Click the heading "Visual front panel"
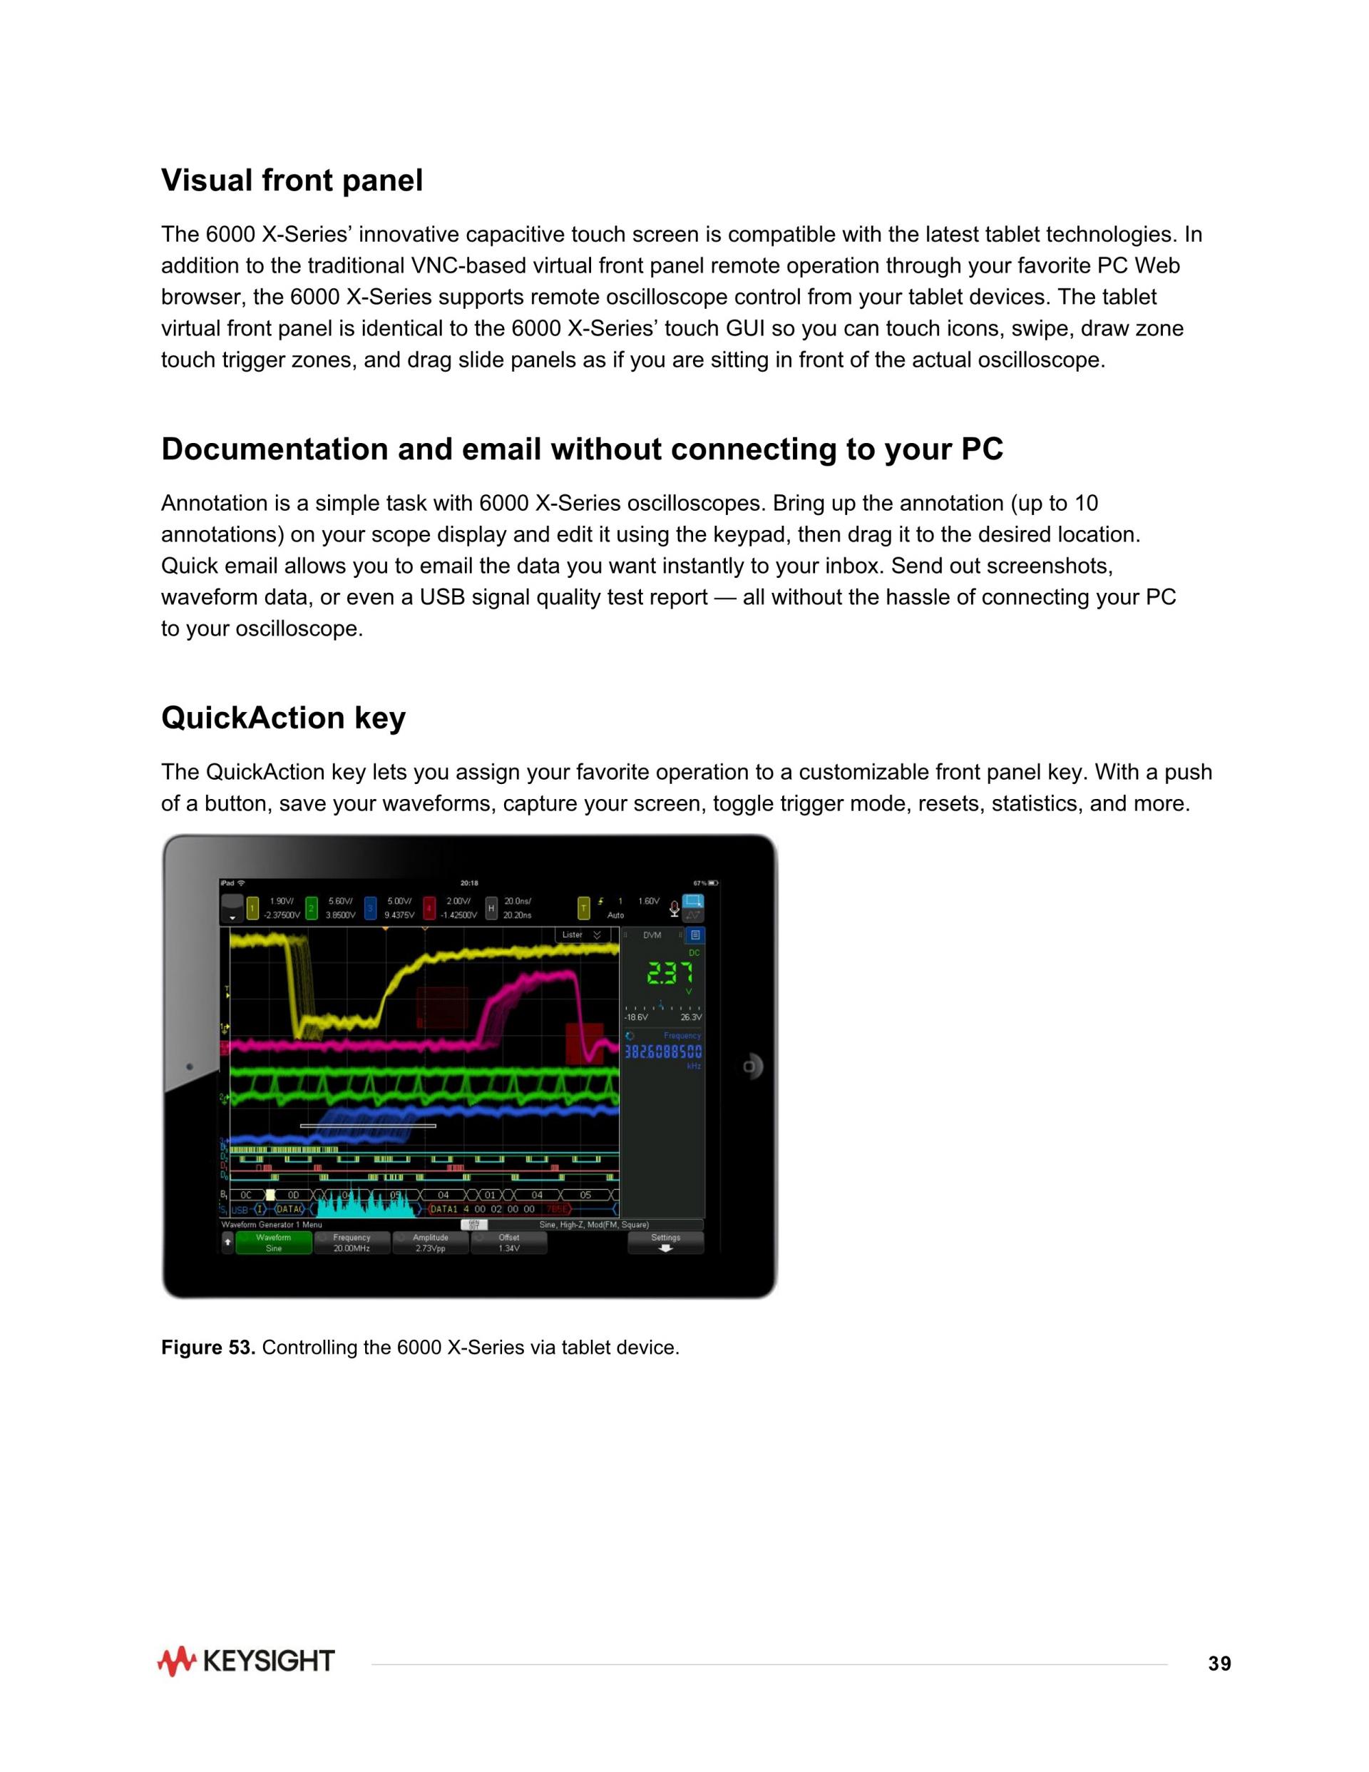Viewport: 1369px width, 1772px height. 292,180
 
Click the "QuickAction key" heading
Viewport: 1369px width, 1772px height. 283,718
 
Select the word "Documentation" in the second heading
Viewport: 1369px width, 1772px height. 275,449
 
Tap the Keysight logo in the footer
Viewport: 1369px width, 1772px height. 246,1661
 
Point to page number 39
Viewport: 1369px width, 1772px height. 1219,1664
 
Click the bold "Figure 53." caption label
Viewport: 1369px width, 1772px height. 208,1348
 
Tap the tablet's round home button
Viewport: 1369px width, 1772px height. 750,1066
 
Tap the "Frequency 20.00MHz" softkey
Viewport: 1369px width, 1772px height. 352,1243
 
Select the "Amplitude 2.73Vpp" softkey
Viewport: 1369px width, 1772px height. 430,1243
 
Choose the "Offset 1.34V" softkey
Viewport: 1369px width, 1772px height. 508,1243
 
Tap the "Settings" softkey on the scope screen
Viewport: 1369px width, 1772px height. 665,1242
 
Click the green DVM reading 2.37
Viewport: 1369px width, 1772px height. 669,973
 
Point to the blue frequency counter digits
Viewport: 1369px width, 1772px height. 662,1052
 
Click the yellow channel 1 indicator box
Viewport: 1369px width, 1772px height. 252,908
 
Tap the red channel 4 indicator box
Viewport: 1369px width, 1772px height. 429,908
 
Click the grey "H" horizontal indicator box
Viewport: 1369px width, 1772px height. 491,908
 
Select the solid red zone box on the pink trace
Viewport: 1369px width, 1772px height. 584,1043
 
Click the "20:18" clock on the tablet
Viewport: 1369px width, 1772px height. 468,882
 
